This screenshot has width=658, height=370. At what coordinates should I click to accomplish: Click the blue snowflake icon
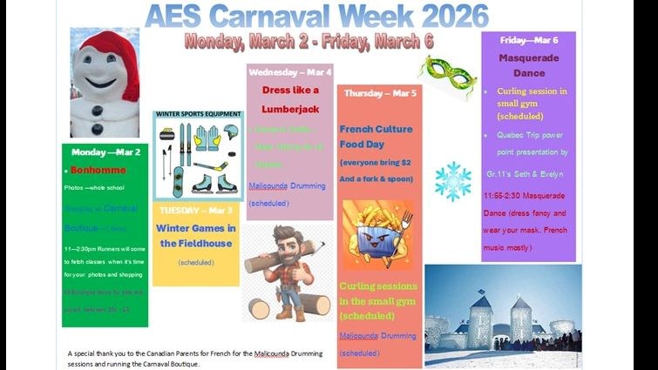click(x=452, y=180)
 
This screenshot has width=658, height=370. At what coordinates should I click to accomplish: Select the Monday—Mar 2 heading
click(x=105, y=151)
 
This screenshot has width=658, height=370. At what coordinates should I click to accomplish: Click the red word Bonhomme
click(x=98, y=170)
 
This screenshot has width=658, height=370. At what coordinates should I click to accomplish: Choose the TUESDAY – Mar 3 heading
click(x=195, y=211)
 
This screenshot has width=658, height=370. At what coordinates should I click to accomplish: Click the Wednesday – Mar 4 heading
click(x=290, y=71)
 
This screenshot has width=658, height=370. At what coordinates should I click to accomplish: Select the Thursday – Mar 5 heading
click(x=380, y=93)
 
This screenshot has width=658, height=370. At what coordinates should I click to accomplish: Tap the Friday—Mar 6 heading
click(x=529, y=41)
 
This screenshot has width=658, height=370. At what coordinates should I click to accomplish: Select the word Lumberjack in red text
click(x=290, y=109)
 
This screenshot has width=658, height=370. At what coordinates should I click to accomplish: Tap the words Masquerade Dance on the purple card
click(x=528, y=66)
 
